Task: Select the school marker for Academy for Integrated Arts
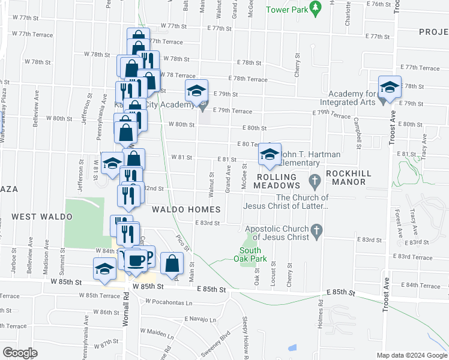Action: pyautogui.click(x=389, y=88)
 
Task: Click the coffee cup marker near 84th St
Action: pyautogui.click(x=136, y=259)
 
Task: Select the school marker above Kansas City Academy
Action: pyautogui.click(x=196, y=91)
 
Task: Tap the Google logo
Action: pyautogui.click(x=20, y=353)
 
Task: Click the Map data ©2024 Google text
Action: pyautogui.click(x=411, y=355)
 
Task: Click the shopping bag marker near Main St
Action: pyautogui.click(x=172, y=263)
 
